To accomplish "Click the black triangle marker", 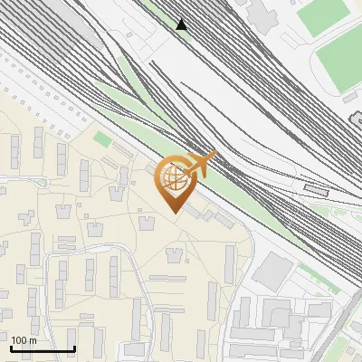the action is coord(182,24).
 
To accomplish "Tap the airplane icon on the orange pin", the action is coord(201,164).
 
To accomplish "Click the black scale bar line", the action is coord(43,348).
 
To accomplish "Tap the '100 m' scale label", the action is coord(24,340).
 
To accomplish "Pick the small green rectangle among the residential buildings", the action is coord(102,140).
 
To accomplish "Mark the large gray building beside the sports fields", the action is coord(265,13).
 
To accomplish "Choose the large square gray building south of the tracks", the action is coord(272,271).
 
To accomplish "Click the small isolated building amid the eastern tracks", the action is coord(316,189).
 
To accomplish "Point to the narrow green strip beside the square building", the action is coord(316,276).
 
